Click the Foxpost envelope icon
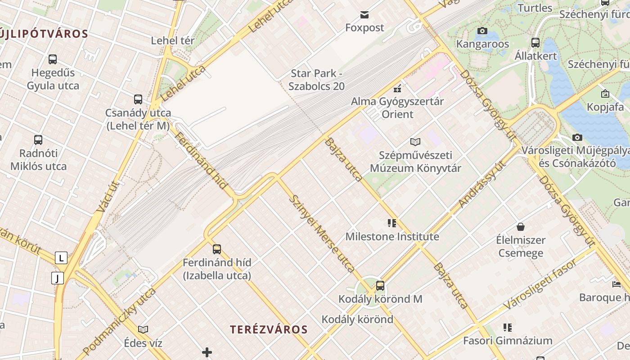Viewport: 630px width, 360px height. [364, 15]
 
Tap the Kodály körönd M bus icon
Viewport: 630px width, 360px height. [380, 285]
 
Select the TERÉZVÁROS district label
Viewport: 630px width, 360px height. [269, 329]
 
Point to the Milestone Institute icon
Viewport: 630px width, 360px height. [392, 223]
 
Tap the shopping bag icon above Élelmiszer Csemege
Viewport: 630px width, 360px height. [521, 226]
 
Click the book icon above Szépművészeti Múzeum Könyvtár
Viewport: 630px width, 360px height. [415, 142]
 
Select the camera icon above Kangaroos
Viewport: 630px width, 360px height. [482, 31]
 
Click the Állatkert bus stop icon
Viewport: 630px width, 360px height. [535, 43]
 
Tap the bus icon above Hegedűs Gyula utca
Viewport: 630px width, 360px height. [53, 59]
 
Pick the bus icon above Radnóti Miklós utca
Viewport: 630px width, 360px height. [38, 140]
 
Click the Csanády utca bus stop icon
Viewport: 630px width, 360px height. [138, 99]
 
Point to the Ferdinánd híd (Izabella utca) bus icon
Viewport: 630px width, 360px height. [217, 249]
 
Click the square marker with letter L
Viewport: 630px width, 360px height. [61, 258]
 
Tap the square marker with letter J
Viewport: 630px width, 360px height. [58, 278]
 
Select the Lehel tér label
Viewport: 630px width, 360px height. [173, 40]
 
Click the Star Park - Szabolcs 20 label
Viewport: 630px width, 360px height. [316, 79]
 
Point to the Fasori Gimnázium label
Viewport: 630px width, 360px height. [508, 341]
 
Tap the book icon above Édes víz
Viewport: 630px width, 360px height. [143, 330]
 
